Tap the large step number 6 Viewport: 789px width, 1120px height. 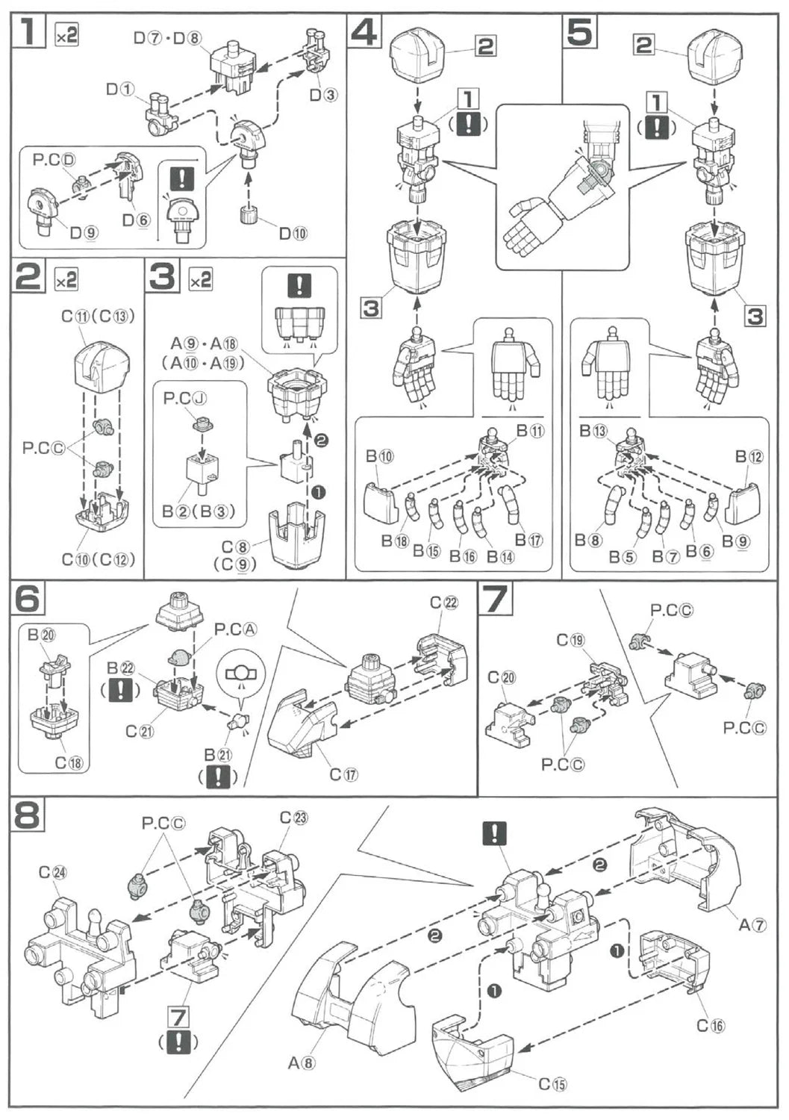[x=28, y=597]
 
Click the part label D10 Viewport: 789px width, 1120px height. [x=293, y=233]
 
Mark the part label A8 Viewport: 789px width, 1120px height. [x=304, y=1062]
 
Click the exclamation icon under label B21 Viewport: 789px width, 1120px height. [x=217, y=777]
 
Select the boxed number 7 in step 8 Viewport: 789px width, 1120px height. [x=178, y=1017]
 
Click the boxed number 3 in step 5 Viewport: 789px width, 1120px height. [x=755, y=316]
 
